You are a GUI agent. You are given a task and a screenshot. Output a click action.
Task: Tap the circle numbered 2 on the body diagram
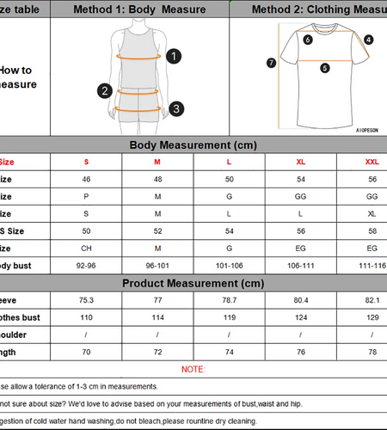point(105,90)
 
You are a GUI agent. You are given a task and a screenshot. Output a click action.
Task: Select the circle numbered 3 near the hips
point(175,108)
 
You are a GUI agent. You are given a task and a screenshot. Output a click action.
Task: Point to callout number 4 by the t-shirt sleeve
point(368,40)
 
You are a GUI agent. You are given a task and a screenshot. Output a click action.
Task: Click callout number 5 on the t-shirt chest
point(325,68)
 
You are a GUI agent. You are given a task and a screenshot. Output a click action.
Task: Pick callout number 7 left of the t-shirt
point(272,62)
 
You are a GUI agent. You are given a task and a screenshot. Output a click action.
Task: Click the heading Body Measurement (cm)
point(193,145)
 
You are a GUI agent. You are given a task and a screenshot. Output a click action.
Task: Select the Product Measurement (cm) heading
point(193,283)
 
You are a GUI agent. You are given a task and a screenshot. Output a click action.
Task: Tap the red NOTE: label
point(193,369)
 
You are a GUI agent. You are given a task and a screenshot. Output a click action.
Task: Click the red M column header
point(157,162)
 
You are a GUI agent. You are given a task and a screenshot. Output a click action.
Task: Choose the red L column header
point(229,162)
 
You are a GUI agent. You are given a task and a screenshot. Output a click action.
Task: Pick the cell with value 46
point(86,179)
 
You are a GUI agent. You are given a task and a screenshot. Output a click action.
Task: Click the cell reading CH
point(86,249)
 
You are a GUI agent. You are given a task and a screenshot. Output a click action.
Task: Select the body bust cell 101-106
point(229,266)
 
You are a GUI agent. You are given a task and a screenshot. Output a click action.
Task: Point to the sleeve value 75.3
point(86,300)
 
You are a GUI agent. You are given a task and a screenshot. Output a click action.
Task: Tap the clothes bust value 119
point(229,317)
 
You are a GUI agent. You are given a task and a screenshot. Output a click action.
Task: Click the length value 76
point(300,352)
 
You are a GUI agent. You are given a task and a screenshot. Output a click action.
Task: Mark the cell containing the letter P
point(86,196)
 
